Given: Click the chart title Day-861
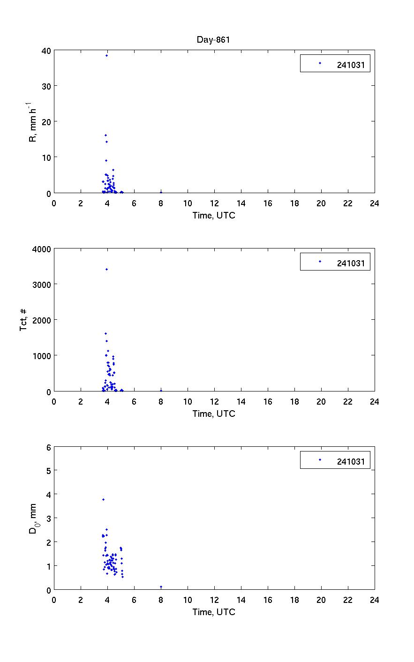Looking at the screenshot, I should point(213,40).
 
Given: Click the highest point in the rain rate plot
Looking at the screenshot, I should point(106,56).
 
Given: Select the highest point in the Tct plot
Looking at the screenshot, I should point(106,269).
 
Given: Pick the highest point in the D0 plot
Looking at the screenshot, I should point(103,499).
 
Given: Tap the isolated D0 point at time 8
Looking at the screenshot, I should point(161,587).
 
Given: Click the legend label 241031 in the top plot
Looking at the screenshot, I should point(350,65).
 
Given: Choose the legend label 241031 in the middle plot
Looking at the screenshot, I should point(350,263).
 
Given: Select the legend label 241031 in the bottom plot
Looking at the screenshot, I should point(350,462).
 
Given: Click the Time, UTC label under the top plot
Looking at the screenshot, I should point(214,216).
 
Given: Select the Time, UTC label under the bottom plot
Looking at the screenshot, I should point(214,612).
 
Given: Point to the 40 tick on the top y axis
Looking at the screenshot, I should point(47,50).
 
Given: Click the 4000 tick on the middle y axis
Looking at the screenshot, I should point(42,248).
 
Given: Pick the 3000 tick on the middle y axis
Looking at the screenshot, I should point(42,284).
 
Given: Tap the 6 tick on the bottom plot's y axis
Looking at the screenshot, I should point(49,447).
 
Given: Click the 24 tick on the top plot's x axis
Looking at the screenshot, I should point(374,203).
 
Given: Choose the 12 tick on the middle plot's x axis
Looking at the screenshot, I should point(214,402).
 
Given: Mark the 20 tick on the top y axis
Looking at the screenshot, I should point(47,121).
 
